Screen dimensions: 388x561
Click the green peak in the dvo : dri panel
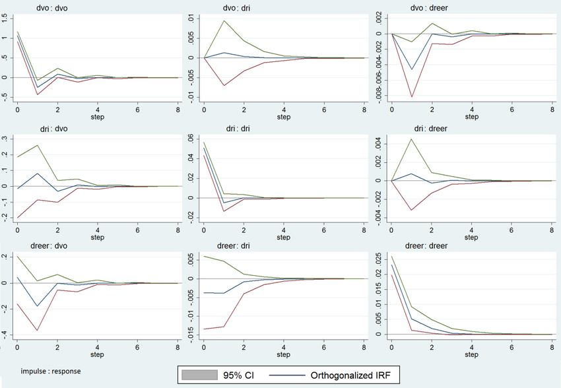click(224, 20)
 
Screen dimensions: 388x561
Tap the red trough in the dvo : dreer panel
click(412, 97)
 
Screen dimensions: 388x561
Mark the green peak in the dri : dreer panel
click(412, 139)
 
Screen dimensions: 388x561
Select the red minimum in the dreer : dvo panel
click(38, 330)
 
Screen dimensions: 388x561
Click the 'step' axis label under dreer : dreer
click(471, 354)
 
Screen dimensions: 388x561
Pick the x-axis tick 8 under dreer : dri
click(364, 346)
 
